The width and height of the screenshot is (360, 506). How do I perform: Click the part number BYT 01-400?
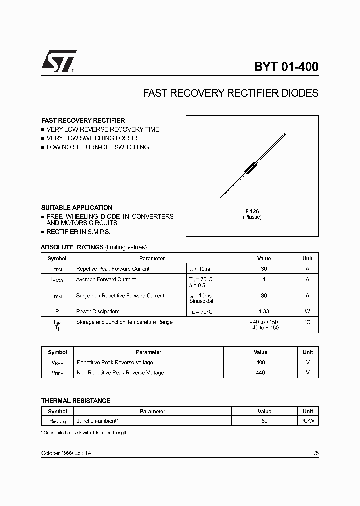(286, 67)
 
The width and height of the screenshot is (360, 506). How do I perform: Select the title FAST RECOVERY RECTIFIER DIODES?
(230, 93)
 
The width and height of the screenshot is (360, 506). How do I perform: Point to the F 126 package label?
(252, 211)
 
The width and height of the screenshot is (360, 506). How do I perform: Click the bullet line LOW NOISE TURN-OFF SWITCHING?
(97, 147)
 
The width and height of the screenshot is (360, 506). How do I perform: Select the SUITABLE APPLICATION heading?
(76, 207)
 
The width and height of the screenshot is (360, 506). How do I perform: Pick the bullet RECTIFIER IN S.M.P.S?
(78, 232)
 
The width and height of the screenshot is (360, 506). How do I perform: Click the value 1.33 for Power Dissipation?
(264, 311)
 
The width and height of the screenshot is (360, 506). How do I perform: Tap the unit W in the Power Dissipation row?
(307, 311)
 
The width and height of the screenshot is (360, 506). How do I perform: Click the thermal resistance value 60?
(264, 421)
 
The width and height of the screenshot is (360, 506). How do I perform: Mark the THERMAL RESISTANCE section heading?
(75, 401)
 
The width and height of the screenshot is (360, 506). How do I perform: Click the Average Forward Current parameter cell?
(106, 279)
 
